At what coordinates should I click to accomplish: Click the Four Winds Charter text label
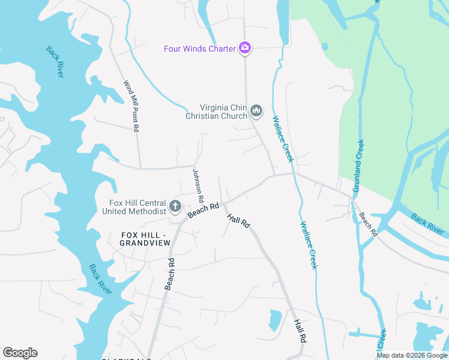pyautogui.click(x=200, y=48)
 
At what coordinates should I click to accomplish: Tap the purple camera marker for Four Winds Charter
pyautogui.click(x=244, y=48)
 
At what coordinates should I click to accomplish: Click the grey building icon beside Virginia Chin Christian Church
pyautogui.click(x=256, y=111)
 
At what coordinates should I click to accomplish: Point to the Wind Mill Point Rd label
pyautogui.click(x=131, y=106)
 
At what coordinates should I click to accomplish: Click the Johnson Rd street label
pyautogui.click(x=197, y=185)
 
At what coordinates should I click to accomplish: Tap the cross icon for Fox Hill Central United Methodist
pyautogui.click(x=175, y=207)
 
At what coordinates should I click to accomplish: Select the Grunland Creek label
pyautogui.click(x=358, y=166)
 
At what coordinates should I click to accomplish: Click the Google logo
pyautogui.click(x=20, y=353)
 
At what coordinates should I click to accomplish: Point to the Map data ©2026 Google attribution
pyautogui.click(x=412, y=355)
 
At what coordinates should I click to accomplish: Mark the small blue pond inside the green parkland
pyautogui.click(x=325, y=46)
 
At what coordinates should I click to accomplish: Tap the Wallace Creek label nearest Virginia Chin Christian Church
pyautogui.click(x=283, y=139)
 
